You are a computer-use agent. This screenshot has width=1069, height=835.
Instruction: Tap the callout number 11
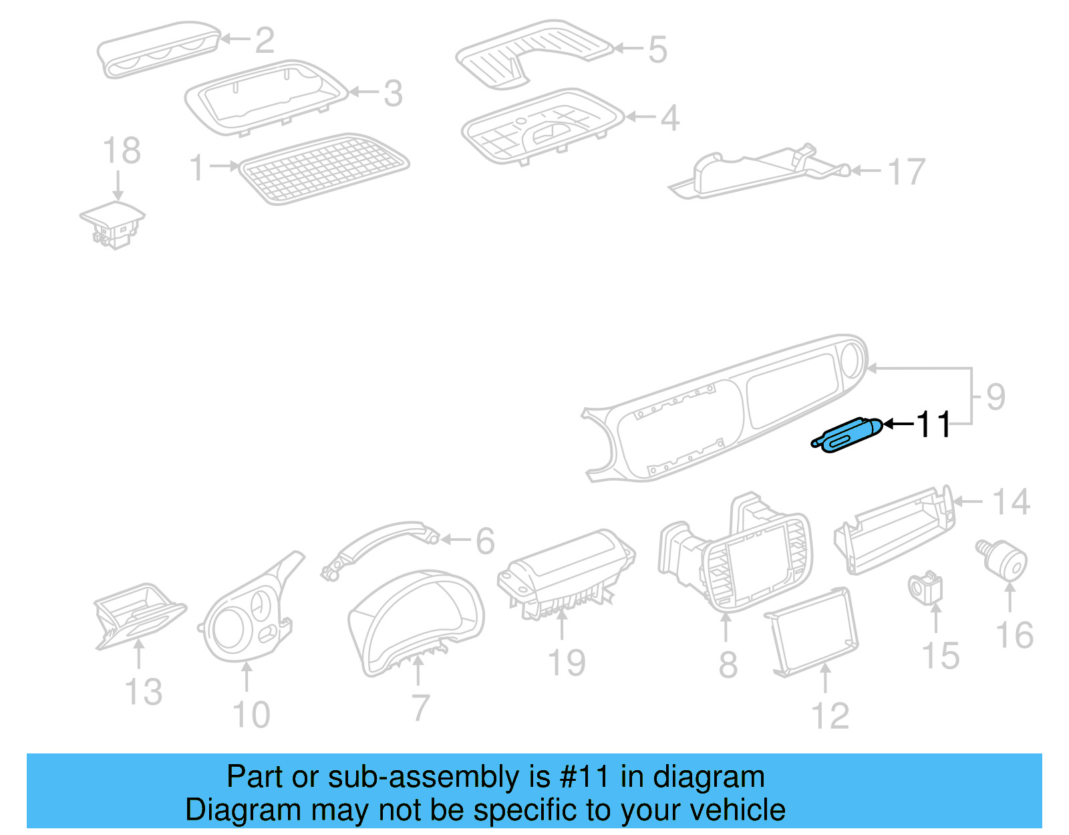pos(933,425)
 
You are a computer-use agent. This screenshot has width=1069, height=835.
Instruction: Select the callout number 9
pos(996,397)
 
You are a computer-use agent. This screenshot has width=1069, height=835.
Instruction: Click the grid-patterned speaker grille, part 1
pos(323,168)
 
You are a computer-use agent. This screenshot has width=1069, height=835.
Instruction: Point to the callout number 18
pos(122,151)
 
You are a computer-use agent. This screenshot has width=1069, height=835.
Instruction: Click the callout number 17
pos(907,172)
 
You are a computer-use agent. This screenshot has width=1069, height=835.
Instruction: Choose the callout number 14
pos(1011,502)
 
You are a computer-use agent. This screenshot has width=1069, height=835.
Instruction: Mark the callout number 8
pos(728,665)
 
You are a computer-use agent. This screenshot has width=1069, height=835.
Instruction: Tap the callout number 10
pos(251,715)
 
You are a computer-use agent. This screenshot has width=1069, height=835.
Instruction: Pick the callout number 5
pos(657,49)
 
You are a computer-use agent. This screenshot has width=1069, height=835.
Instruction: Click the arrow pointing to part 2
pos(235,39)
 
